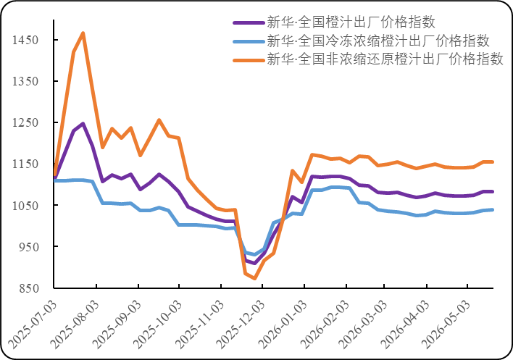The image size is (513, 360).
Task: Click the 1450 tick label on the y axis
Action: [x=25, y=40]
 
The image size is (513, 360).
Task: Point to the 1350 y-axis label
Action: [x=25, y=81]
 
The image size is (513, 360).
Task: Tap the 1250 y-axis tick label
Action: [x=25, y=122]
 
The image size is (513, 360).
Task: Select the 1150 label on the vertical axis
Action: [x=25, y=164]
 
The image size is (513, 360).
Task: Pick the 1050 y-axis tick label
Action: [x=25, y=205]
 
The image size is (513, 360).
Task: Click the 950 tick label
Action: [x=29, y=246]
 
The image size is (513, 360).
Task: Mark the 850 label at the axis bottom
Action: [x=29, y=288]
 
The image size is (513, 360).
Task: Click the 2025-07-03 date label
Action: [x=32, y=325]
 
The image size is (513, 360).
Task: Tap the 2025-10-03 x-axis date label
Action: [x=157, y=325]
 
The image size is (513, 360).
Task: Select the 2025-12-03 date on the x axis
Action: [x=241, y=325]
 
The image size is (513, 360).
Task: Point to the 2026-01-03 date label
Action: [x=283, y=325]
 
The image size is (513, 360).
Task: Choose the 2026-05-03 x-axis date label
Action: [x=446, y=325]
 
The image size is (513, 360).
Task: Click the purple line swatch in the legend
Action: [x=249, y=23]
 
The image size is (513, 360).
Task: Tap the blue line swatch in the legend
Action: [x=249, y=41]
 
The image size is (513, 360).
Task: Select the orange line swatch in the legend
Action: [x=249, y=60]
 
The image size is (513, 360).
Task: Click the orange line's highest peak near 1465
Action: [x=83, y=33]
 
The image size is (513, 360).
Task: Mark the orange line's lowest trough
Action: [x=254, y=279]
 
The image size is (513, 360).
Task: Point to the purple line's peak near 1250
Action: [x=83, y=124]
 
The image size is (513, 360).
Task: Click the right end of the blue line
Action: [x=493, y=209]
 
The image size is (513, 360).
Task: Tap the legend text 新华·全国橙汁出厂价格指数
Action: [x=351, y=22]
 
